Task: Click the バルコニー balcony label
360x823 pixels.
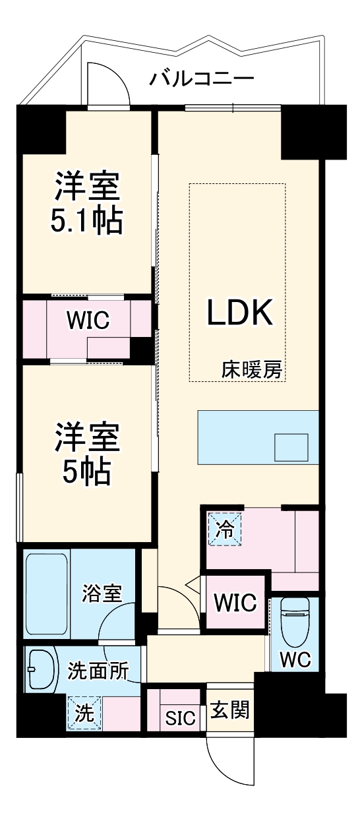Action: (x=201, y=80)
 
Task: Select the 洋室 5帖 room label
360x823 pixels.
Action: (x=88, y=454)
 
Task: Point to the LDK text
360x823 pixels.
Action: (x=240, y=313)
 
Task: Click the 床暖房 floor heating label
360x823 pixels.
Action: (x=252, y=371)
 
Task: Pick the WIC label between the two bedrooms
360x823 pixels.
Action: (x=88, y=320)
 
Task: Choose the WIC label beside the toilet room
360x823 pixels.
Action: (x=235, y=603)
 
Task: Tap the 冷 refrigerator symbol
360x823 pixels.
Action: (x=225, y=529)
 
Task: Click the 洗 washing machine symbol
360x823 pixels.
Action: (x=84, y=713)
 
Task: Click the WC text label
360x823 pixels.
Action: (x=295, y=660)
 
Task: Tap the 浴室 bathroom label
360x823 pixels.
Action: (x=102, y=593)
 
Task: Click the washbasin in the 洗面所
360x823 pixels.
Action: (x=41, y=668)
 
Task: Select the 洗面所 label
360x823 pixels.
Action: (x=98, y=671)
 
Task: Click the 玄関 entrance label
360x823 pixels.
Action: (x=229, y=710)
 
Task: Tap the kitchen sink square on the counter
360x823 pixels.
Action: (x=291, y=448)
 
